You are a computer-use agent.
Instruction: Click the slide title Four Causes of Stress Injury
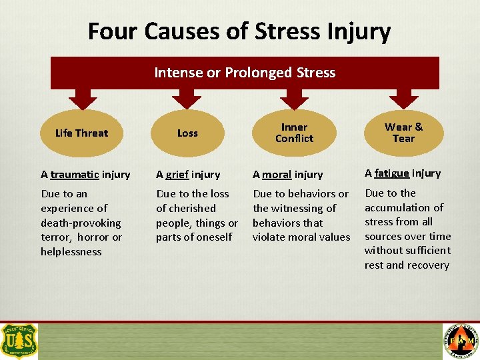pos(239,31)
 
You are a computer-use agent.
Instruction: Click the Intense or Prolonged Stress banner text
pos(245,73)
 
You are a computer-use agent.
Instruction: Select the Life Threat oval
pos(82,133)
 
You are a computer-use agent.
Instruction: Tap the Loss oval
pos(187,133)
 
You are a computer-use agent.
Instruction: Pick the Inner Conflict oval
pos(294,133)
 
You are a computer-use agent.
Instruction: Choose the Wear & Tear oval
pos(403,133)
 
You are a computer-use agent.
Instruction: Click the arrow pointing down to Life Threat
pos(83,98)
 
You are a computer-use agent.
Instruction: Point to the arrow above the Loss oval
pos(187,98)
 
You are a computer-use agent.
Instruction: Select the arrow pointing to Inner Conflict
pos(294,98)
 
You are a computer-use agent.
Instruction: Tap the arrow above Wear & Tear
pos(403,98)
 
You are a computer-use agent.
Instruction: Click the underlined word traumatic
pos(75,175)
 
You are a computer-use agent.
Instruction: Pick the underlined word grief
pos(177,175)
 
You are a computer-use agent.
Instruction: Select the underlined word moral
pos(275,175)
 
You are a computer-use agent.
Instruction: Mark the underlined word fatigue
pos(391,173)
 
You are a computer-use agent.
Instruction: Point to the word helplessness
pos(71,251)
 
